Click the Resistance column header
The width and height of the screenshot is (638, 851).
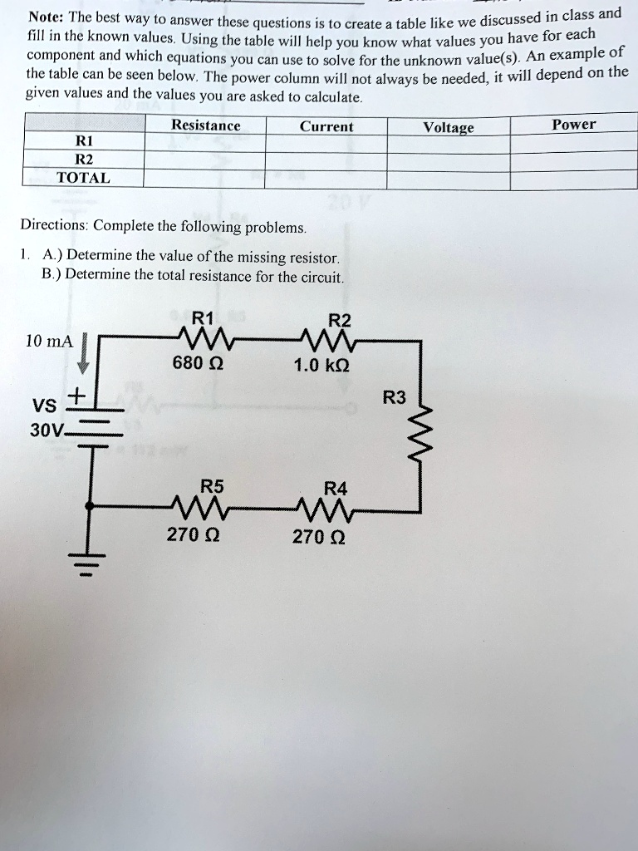click(x=205, y=126)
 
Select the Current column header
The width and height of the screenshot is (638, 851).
click(x=326, y=127)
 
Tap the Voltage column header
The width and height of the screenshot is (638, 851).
click(x=449, y=128)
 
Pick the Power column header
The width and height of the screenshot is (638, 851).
click(x=574, y=125)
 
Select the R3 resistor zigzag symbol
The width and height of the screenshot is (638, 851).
click(x=423, y=433)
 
